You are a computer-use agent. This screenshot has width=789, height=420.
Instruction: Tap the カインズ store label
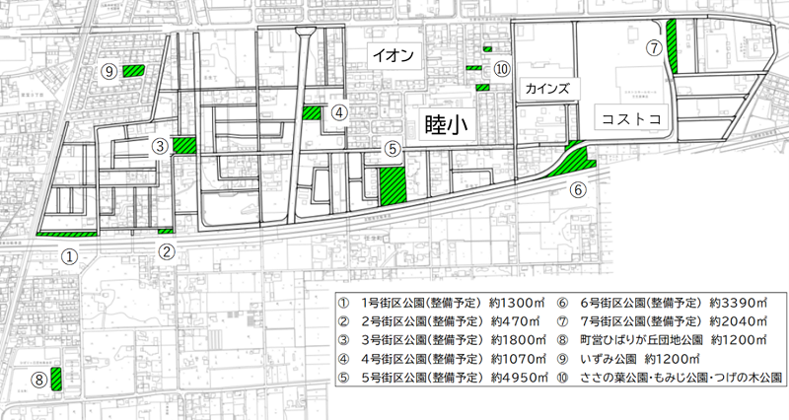[545, 88]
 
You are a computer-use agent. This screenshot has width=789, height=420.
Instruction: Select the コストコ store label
[628, 118]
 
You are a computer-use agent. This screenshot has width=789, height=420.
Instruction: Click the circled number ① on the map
[69, 255]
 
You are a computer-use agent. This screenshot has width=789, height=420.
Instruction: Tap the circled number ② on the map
[168, 250]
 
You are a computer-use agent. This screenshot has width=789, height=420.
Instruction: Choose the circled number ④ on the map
[338, 112]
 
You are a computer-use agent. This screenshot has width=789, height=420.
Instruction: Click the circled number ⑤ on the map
[393, 150]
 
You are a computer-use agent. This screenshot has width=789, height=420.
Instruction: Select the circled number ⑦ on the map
[653, 46]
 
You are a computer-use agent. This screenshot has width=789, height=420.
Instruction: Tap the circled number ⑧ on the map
[37, 378]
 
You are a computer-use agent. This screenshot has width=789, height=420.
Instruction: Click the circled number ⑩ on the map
[502, 69]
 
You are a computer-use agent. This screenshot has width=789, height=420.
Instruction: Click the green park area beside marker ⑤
[393, 184]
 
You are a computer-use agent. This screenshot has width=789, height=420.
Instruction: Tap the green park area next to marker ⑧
[56, 377]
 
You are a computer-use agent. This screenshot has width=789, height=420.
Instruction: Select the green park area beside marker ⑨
[132, 70]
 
